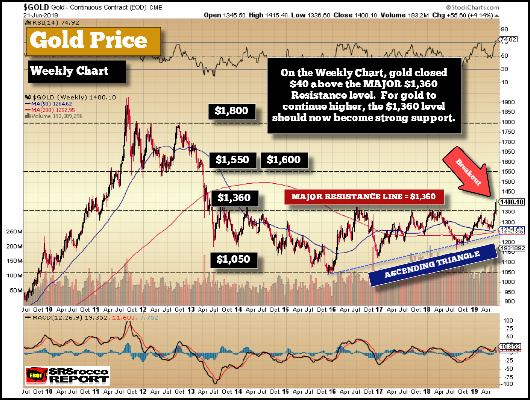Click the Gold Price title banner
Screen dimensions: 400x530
coord(89,40)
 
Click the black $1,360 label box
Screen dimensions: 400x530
coord(234,198)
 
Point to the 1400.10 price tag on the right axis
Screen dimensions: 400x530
coord(511,202)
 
